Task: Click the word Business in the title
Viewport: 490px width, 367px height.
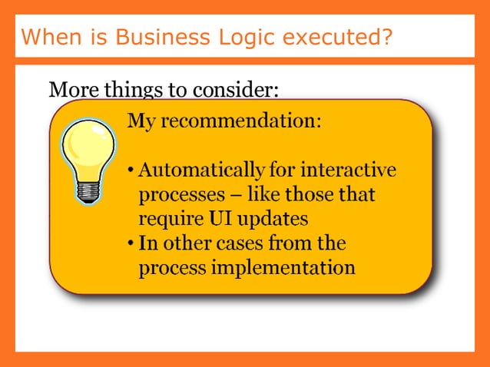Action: tap(151, 37)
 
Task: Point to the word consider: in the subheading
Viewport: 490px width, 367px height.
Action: tap(234, 90)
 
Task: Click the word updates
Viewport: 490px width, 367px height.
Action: tap(273, 219)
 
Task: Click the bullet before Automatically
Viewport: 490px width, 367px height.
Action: tap(131, 170)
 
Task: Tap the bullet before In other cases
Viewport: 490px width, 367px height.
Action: tap(131, 244)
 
